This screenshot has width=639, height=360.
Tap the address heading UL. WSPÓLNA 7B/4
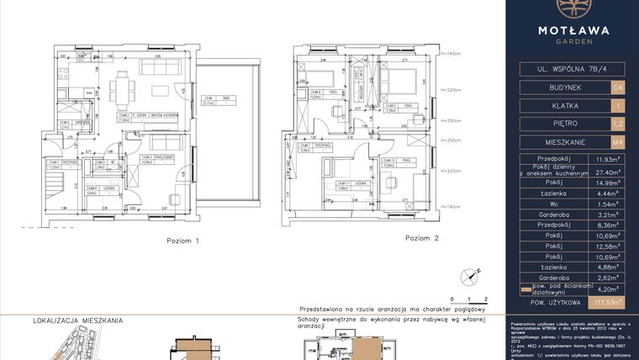572,66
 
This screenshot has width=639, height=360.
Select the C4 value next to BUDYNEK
618,86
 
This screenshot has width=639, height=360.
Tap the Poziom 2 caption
422,238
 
